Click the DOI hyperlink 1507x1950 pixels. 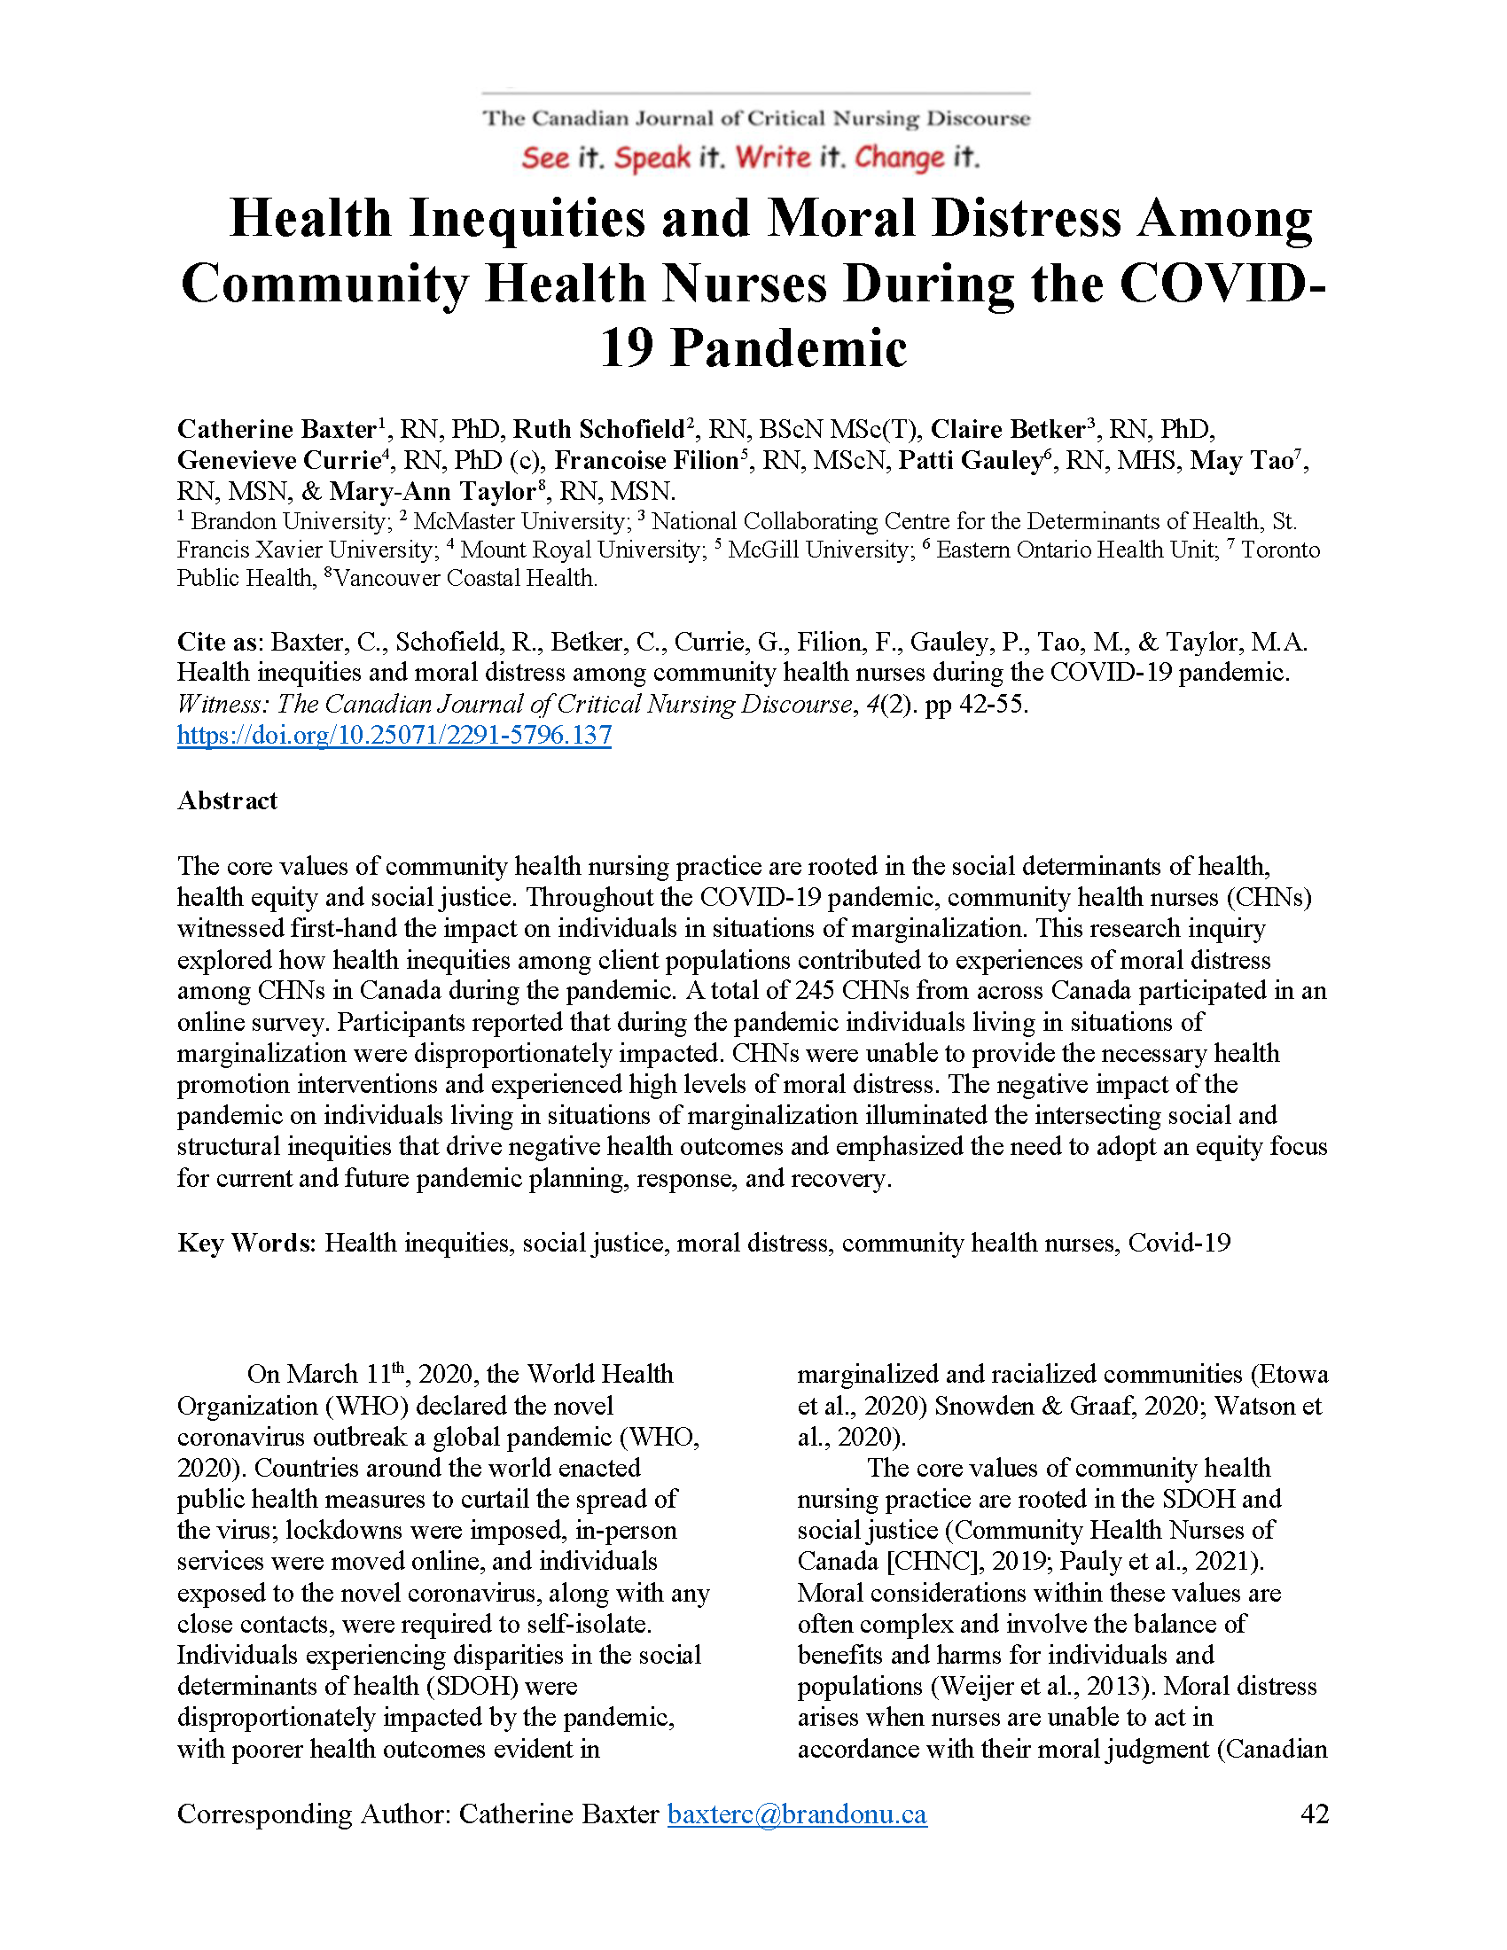pyautogui.click(x=394, y=735)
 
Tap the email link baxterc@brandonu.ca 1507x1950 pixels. pyautogui.click(x=797, y=1813)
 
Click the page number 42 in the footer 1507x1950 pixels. pyautogui.click(x=1314, y=1813)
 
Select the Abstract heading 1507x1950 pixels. pyautogui.click(x=228, y=800)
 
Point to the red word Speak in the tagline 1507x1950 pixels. pyautogui.click(x=652, y=158)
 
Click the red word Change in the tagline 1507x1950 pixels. pyautogui.click(x=899, y=158)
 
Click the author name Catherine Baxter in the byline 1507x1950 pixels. pyautogui.click(x=277, y=430)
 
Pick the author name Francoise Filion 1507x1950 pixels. pyautogui.click(x=646, y=461)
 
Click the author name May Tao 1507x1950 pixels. pyautogui.click(x=1241, y=461)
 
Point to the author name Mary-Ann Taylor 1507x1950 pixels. pyautogui.click(x=432, y=492)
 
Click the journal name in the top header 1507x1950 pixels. pyautogui.click(x=756, y=119)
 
